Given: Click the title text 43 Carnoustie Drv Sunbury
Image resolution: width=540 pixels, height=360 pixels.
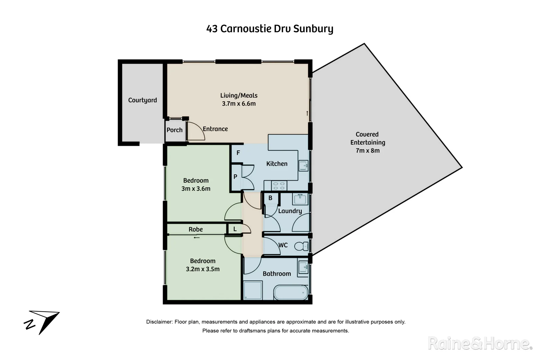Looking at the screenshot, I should point(270,29).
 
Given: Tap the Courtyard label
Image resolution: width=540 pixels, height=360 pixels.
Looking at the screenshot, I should point(142,100).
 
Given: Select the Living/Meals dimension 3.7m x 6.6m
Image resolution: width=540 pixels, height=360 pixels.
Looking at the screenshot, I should point(239,104).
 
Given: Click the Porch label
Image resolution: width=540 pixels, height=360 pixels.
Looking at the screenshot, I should point(174,130).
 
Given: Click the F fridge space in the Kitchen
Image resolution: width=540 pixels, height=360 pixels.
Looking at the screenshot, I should point(238,153).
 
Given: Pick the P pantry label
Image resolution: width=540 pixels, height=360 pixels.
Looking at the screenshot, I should point(235,177).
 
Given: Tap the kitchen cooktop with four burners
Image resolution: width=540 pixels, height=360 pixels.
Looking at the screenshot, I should point(279,185).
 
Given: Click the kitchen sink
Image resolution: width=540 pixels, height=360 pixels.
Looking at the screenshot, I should point(303,165).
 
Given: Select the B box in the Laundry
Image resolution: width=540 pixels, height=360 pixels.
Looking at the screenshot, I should point(270,198).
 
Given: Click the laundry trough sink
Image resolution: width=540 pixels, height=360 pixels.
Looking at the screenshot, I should point(300,199).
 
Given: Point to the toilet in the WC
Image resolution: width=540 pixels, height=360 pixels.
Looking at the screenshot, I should point(301,246).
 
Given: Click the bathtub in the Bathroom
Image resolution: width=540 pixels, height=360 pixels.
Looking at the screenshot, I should point(291,293).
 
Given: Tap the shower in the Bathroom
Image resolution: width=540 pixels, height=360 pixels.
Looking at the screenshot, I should point(253,290).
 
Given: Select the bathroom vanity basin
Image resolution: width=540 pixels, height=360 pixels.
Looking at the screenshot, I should point(303,267).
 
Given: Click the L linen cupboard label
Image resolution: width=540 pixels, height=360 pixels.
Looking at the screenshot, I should point(235,229).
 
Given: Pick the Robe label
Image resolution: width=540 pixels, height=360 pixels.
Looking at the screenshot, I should point(196,229).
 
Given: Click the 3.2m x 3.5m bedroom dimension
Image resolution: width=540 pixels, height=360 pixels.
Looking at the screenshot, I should point(203,269).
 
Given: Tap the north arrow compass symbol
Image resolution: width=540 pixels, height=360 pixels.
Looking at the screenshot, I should point(43,321).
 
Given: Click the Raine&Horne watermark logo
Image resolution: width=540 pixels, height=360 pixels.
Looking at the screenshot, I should point(479,343).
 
